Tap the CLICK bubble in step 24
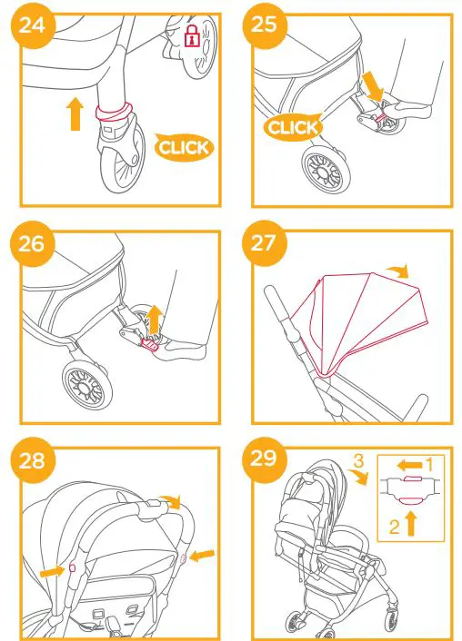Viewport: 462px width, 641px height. coord(183,146)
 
